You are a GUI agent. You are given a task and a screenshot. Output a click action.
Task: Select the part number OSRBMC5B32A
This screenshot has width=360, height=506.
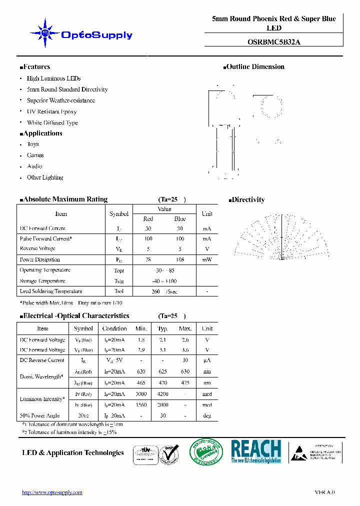click(x=274, y=42)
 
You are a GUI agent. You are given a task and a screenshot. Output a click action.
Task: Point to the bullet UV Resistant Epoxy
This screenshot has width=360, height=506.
click(x=51, y=111)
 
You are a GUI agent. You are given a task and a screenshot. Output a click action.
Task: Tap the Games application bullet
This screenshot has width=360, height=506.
click(x=35, y=155)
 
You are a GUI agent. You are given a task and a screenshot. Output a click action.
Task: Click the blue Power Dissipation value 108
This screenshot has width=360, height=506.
click(x=180, y=259)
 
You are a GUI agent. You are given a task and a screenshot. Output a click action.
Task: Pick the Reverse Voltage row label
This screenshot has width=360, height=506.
click(x=37, y=248)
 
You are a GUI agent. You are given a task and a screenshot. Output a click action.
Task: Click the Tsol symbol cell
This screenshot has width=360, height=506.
click(x=119, y=291)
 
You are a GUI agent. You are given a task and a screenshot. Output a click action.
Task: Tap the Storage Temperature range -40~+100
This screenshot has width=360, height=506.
click(x=164, y=281)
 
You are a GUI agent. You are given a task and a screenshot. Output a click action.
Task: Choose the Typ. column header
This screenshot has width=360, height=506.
click(x=162, y=328)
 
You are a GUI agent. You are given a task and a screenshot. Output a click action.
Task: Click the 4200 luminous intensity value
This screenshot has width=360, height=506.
click(x=162, y=393)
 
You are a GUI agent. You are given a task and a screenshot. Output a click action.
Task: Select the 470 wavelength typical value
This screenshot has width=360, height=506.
click(x=162, y=382)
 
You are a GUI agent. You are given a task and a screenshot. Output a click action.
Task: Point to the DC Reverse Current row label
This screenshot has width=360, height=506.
click(x=42, y=360)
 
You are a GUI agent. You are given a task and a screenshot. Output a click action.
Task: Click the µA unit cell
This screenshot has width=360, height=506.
click(x=207, y=360)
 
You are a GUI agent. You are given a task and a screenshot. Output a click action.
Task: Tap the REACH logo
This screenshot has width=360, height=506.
click(x=256, y=451)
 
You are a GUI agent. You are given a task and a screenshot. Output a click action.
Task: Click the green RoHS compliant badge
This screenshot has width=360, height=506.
click(x=206, y=452)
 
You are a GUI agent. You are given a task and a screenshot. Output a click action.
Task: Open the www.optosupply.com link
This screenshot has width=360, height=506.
click(x=52, y=492)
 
